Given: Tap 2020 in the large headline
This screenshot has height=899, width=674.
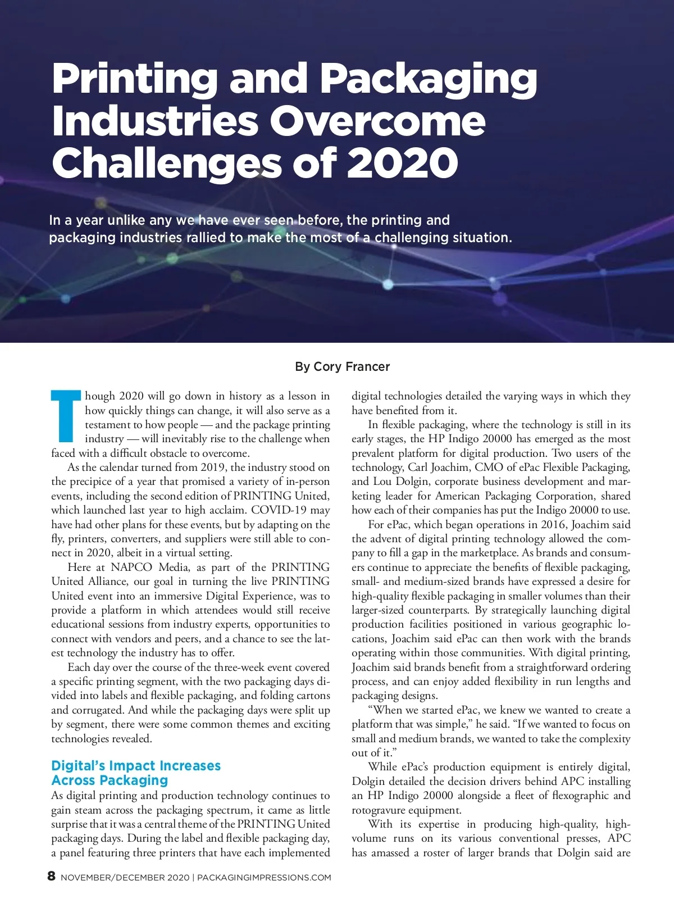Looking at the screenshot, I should pyautogui.click(x=402, y=163).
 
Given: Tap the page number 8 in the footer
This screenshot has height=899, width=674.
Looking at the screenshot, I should pyautogui.click(x=52, y=876).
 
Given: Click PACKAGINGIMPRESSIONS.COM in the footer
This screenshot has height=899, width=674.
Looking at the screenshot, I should pyautogui.click(x=265, y=878).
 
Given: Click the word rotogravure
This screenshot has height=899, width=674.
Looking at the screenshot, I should pyautogui.click(x=379, y=810).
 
